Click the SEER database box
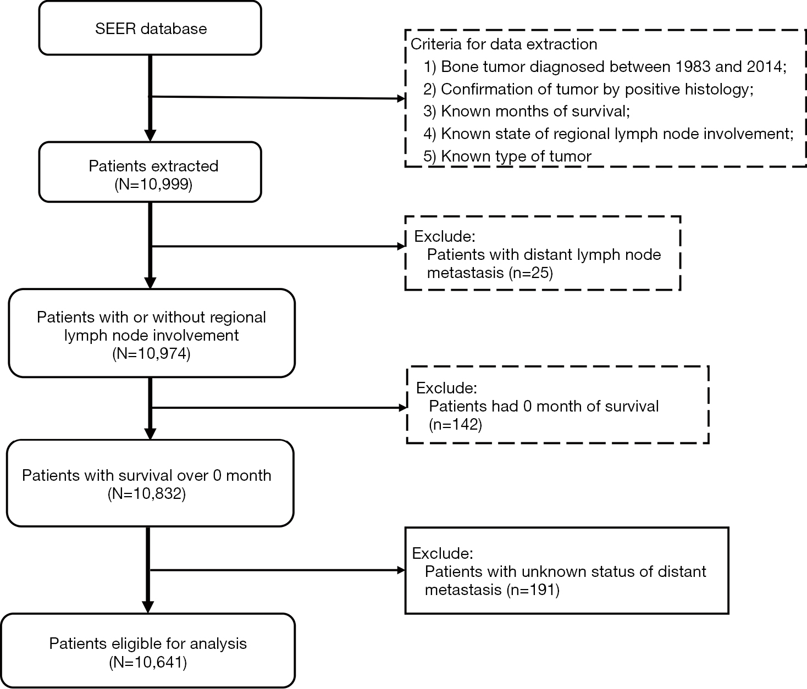(150, 28)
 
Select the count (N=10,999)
(153, 184)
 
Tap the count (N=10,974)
(152, 353)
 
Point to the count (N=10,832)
(147, 493)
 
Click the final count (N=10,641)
(148, 662)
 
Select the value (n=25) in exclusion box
(531, 273)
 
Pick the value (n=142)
(456, 425)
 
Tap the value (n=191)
(533, 590)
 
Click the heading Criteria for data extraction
(504, 44)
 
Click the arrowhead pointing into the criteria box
(401, 99)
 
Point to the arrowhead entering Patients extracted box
(150, 135)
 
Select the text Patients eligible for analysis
(148, 644)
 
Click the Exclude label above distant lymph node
(445, 236)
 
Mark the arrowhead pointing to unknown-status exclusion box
(401, 570)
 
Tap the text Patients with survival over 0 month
(147, 476)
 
